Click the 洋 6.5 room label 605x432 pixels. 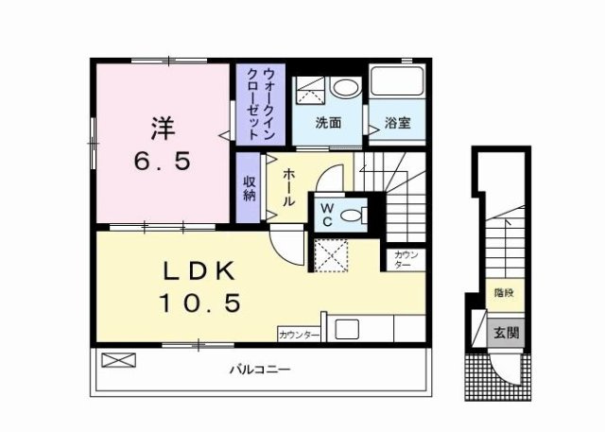[x=162, y=144]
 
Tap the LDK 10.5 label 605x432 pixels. [x=199, y=285]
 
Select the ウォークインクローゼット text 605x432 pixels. [x=261, y=104]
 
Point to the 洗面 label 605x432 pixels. [x=328, y=123]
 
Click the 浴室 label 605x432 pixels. [x=397, y=123]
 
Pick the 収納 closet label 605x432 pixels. [x=250, y=188]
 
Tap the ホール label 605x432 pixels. [x=289, y=188]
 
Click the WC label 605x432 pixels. [x=327, y=215]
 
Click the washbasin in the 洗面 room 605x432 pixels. [x=346, y=88]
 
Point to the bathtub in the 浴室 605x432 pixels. [x=397, y=80]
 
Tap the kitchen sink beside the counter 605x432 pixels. [x=347, y=329]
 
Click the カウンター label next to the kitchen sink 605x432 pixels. [x=299, y=335]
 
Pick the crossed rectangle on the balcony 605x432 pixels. [x=118, y=360]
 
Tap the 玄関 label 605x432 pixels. [x=507, y=333]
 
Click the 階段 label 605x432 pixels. [x=504, y=293]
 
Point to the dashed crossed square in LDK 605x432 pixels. [x=331, y=255]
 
